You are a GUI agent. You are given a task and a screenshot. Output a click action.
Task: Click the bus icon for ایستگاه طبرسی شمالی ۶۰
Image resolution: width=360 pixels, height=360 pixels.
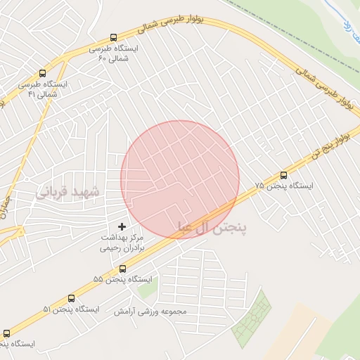click(113, 38)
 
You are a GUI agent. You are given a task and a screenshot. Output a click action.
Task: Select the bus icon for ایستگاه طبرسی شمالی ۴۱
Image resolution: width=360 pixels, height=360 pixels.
click(44, 73)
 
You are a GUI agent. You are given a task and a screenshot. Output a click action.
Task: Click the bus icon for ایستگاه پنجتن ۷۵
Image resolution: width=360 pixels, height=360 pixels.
click(283, 174)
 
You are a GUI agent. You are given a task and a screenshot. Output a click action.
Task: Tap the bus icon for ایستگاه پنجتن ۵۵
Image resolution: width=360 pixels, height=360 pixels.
click(123, 268)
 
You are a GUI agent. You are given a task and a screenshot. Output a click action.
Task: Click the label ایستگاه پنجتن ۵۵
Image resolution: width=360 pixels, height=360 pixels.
click(123, 280)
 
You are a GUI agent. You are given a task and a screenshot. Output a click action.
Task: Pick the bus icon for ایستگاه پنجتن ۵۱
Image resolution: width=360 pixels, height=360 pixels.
click(71, 298)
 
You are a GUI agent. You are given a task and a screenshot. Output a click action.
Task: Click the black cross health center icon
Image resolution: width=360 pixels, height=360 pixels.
click(122, 226)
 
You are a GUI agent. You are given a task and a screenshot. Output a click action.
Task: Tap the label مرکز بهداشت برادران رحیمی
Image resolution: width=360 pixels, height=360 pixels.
click(122, 243)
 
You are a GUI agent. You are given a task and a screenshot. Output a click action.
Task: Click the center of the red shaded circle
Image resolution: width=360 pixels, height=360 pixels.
click(180, 179)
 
